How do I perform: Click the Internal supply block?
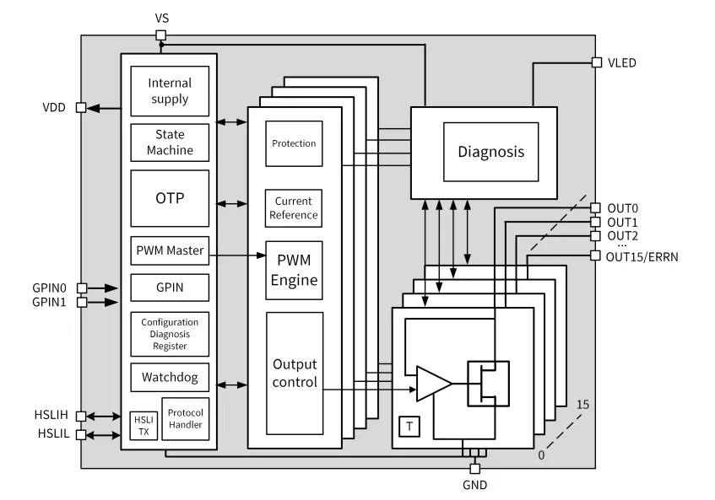point(170,92)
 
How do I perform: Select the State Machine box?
point(170,142)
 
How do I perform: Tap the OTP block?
point(170,198)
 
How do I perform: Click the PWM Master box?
point(170,251)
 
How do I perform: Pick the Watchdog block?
point(170,376)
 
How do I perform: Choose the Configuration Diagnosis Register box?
point(170,333)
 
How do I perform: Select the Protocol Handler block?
point(184,418)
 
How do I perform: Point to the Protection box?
point(294,143)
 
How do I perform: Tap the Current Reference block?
point(294,208)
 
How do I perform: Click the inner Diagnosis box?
point(490,153)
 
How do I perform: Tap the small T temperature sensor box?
point(409,427)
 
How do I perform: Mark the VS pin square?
point(161,35)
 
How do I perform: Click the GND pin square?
point(474,469)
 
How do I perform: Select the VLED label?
point(621,62)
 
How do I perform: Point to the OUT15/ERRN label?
point(642,256)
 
